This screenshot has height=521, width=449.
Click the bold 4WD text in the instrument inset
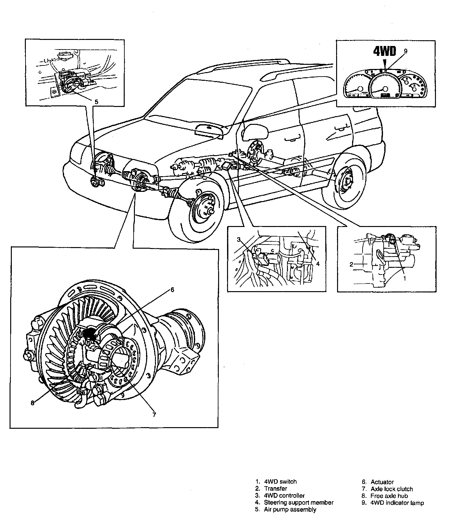pos(385,52)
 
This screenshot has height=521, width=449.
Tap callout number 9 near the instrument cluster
pos(406,50)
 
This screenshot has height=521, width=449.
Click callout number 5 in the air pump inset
pos(96,102)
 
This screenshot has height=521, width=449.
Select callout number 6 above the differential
pos(172,290)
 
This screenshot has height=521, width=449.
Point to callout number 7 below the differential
pos(154,414)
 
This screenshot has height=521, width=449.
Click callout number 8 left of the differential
pos(32,403)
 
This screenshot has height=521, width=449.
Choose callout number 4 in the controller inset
pos(318,264)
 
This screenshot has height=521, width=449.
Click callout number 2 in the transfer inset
pos(351,264)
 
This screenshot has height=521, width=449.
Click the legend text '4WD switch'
pos(280,482)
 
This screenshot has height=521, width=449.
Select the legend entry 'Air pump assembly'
pos(290,509)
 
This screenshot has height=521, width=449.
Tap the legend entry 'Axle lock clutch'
pos(392,489)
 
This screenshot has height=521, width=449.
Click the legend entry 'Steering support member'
pos(298,502)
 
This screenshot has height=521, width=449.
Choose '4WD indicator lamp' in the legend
pos(397,503)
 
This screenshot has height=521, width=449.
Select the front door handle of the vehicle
pos(291,139)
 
